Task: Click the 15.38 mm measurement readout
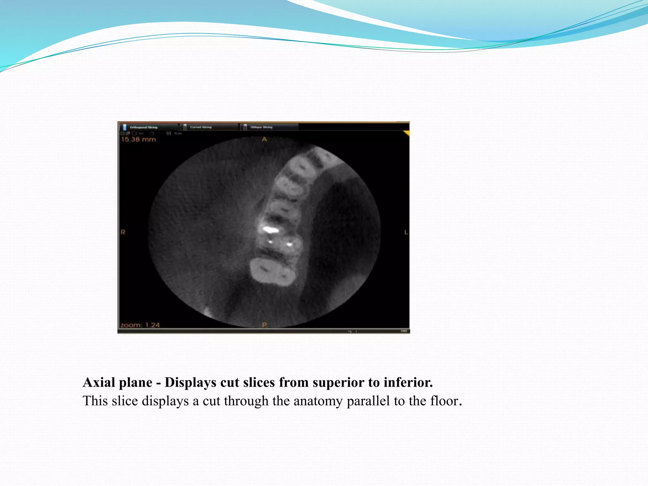139,139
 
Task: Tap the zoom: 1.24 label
140,325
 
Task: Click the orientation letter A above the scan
264,139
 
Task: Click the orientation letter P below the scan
265,325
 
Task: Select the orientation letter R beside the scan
123,232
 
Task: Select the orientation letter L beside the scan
406,232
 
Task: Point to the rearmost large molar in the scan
272,271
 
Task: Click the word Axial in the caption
99,383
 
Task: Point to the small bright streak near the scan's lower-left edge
207,312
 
